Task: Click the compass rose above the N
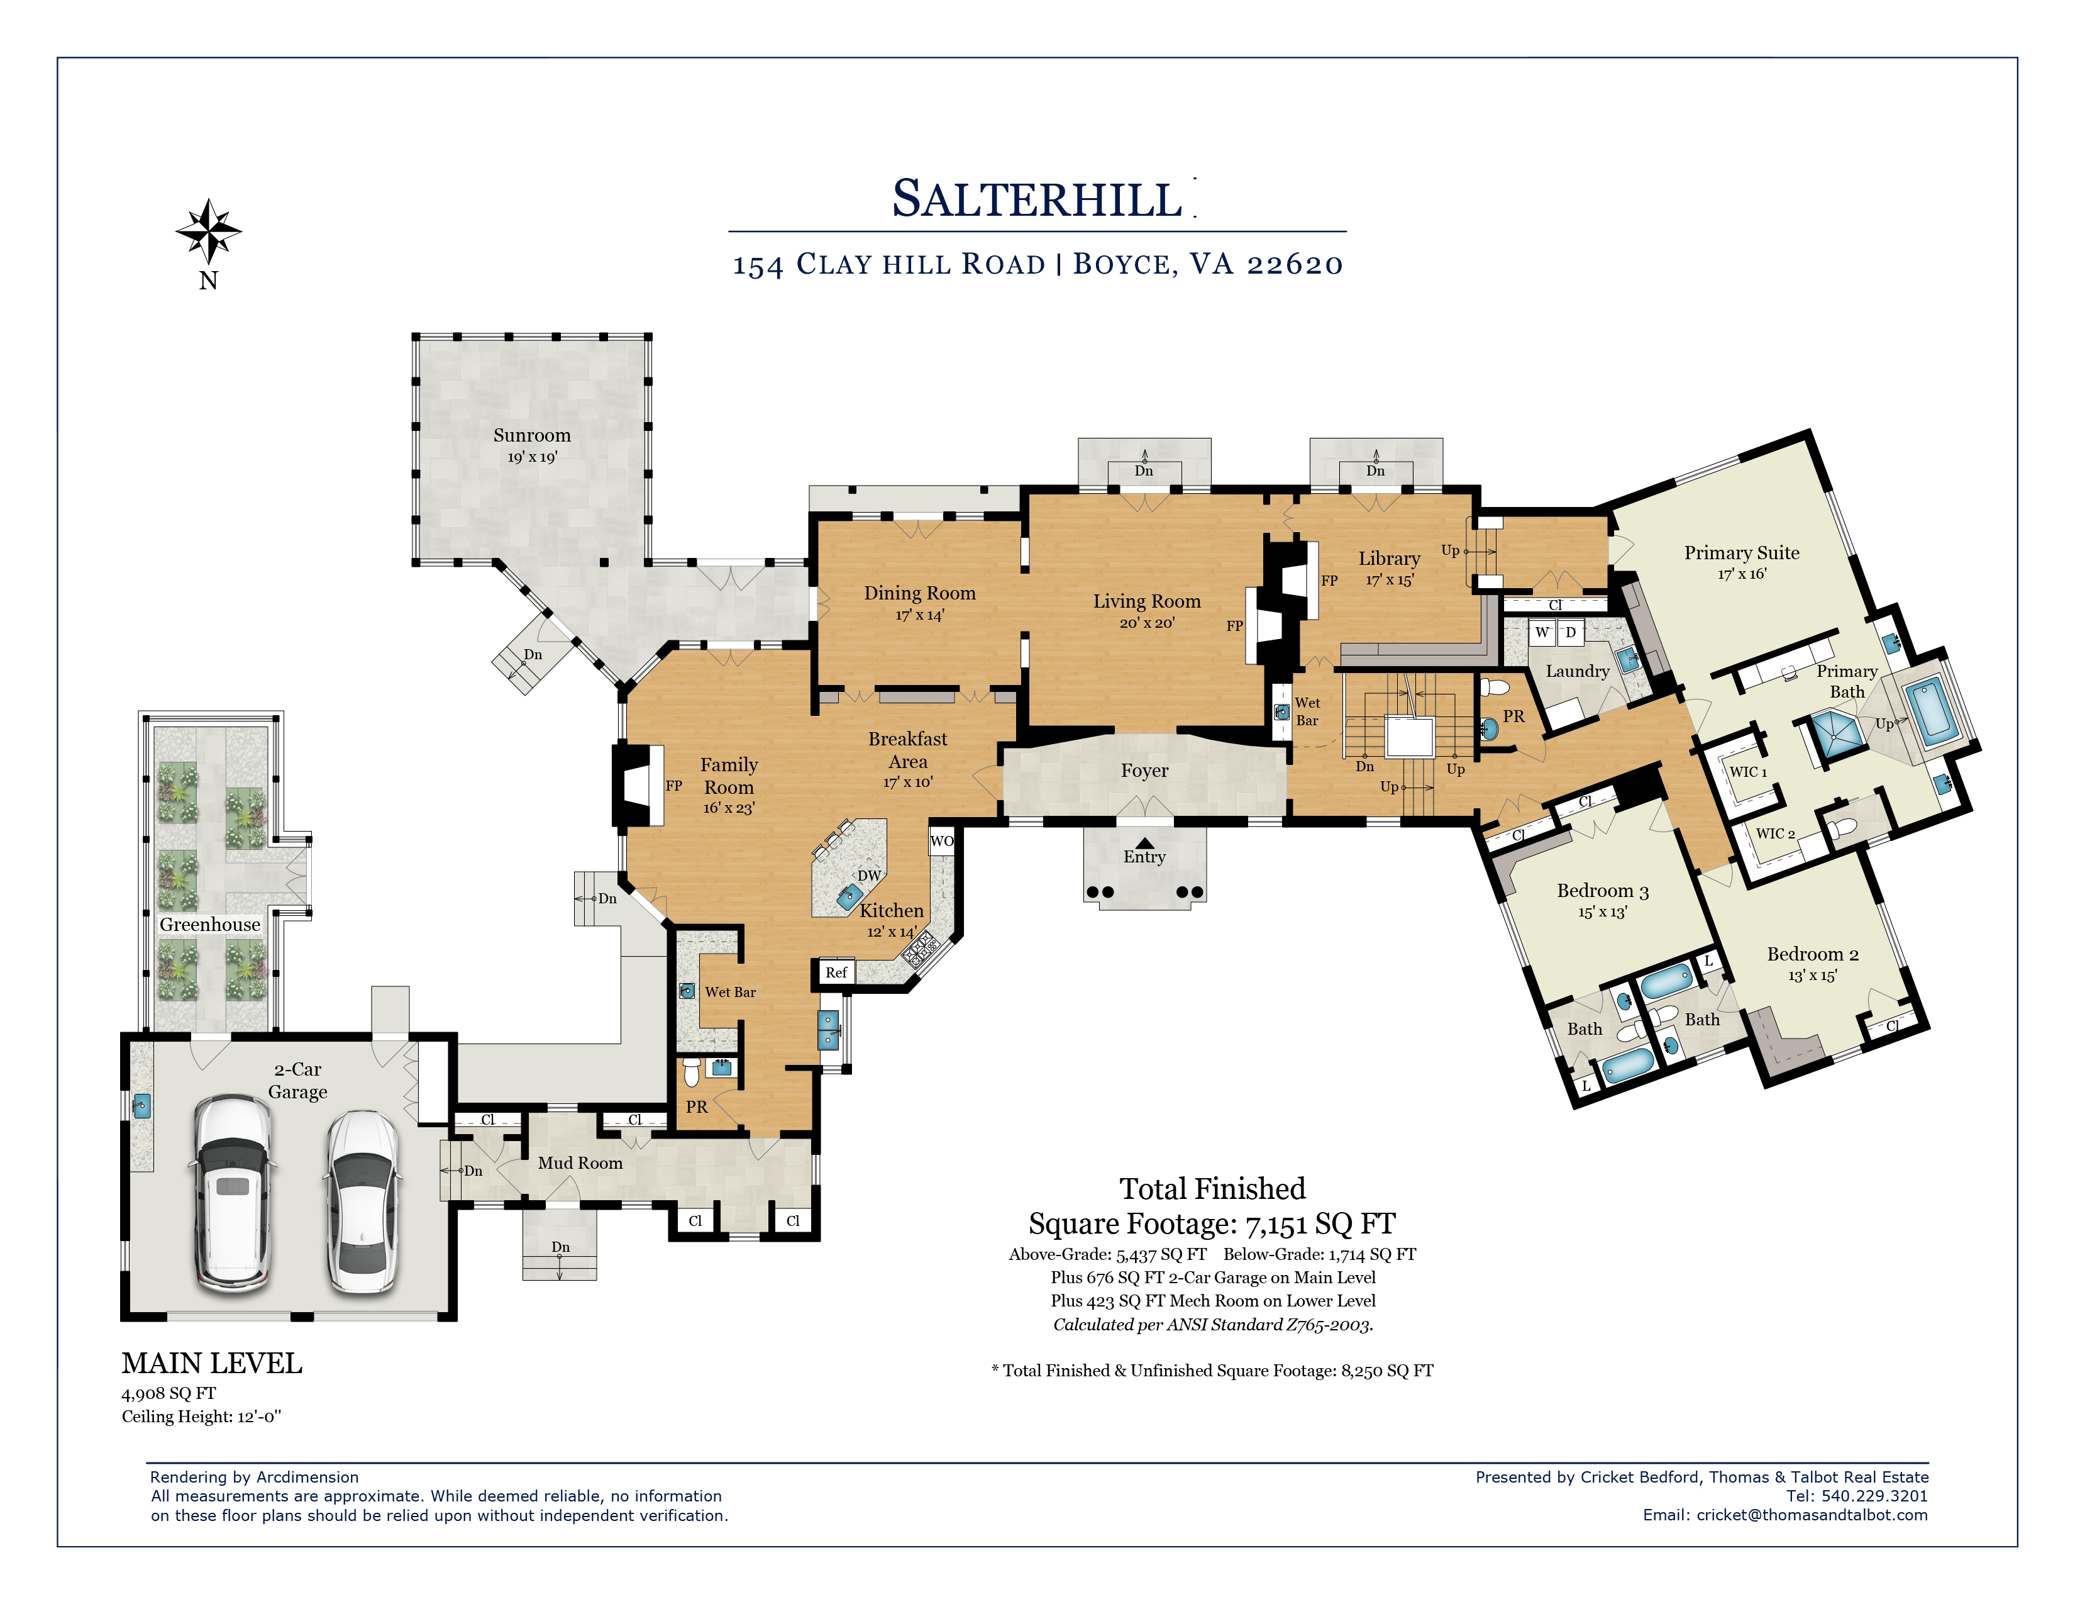(x=209, y=231)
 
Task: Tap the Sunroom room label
(x=532, y=435)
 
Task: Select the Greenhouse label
(x=210, y=925)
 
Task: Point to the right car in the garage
(x=362, y=1202)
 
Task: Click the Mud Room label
(x=580, y=1163)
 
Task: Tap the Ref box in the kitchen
(x=836, y=972)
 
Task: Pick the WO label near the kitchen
(x=941, y=841)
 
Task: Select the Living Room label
(x=1147, y=601)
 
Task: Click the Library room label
(x=1389, y=559)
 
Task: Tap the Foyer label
(x=1144, y=771)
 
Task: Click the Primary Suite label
(x=1742, y=553)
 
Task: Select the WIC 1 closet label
(x=1748, y=772)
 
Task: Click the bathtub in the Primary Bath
(x=1928, y=711)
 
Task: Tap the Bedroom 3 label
(x=1603, y=890)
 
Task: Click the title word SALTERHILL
(x=1037, y=199)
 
